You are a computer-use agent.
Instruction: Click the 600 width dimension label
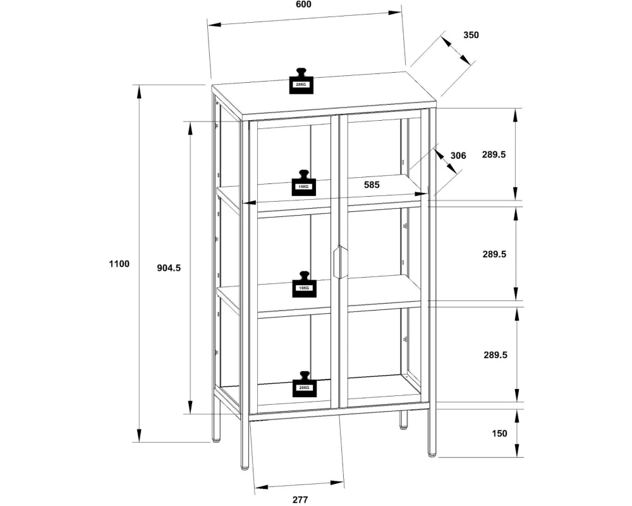click(303, 4)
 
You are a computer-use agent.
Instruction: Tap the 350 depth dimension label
click(471, 35)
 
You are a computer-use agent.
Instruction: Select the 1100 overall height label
click(119, 264)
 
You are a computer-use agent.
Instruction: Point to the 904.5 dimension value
click(169, 268)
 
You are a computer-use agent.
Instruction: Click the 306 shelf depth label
click(458, 156)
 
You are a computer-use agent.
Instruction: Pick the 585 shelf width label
click(372, 185)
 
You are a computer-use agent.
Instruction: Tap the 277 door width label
click(300, 500)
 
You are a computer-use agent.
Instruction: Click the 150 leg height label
click(499, 433)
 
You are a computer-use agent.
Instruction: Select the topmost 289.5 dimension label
click(494, 154)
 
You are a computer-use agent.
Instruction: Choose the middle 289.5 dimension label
click(494, 254)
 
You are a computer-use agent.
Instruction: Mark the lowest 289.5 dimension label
click(495, 355)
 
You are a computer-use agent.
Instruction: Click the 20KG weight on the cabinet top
click(301, 81)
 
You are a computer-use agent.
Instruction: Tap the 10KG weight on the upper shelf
click(304, 183)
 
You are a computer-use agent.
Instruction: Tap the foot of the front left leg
click(245, 468)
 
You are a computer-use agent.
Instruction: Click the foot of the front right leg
click(432, 455)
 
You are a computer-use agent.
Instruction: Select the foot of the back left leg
click(217, 440)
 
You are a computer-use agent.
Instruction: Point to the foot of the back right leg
click(403, 426)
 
